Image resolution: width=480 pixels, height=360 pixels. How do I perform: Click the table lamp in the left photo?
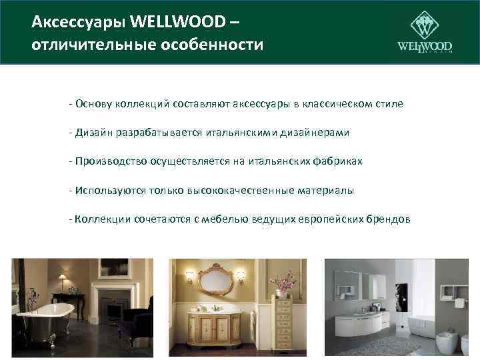click(x=63, y=281)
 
